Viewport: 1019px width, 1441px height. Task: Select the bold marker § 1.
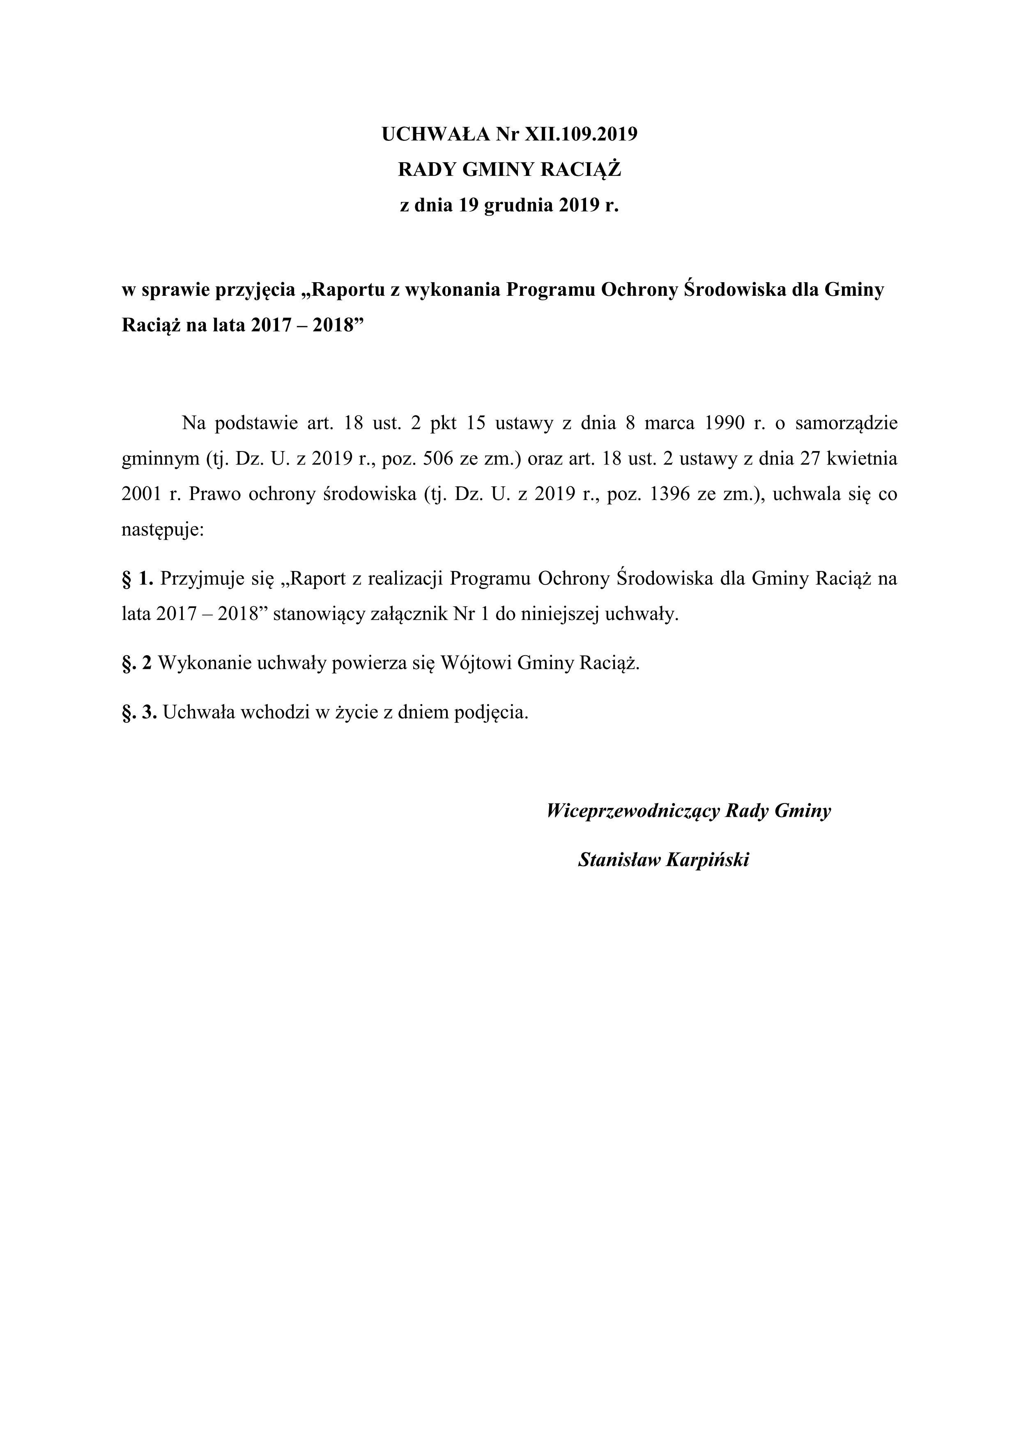pos(138,578)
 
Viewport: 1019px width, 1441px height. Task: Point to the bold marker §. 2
pos(138,663)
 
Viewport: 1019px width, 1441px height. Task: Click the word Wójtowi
pos(477,663)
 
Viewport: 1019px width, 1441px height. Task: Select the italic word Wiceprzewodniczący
pos(633,811)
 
